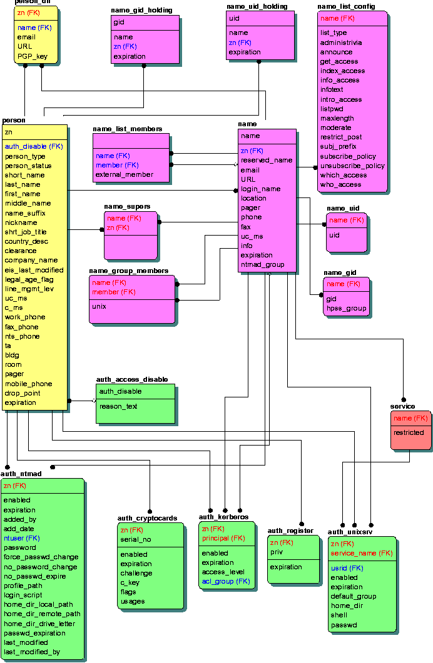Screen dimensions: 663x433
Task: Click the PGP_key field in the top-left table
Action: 33,56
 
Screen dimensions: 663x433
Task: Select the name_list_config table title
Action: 346,6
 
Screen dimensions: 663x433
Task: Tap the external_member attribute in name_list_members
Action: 124,175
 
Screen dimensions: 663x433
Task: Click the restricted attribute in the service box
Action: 409,432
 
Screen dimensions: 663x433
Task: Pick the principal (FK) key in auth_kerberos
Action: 223,538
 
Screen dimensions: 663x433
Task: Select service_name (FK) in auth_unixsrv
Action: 361,554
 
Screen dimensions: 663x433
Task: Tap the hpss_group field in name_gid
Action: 345,309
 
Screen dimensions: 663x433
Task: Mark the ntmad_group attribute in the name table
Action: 262,265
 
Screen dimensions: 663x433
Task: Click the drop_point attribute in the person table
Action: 23,394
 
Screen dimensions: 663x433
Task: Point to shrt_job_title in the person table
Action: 26,232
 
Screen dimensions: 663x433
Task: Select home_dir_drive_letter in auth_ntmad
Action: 39,624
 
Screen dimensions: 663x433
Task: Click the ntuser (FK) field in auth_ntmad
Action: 21,538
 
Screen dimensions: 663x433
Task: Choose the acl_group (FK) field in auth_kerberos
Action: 225,582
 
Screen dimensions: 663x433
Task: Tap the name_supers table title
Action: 127,206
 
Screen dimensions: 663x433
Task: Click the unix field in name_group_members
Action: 99,307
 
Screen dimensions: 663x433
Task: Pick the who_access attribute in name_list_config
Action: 340,185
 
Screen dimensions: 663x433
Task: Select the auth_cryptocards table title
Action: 147,518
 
